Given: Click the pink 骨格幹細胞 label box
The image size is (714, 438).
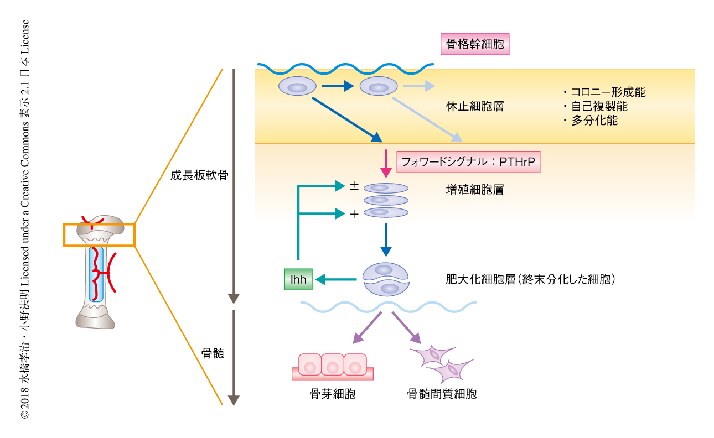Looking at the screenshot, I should point(474,44).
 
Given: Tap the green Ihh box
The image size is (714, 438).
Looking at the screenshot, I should point(298,280).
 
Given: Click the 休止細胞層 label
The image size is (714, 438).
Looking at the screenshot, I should point(474,106).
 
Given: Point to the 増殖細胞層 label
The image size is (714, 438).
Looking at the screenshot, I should point(474,190).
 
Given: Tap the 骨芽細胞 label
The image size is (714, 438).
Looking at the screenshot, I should point(332,394).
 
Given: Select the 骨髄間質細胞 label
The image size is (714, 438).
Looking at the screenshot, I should point(442,394).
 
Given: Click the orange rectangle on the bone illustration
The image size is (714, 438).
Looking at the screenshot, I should point(99,234).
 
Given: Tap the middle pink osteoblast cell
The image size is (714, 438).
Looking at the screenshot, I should point(332,366).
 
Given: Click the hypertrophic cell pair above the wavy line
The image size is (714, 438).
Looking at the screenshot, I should point(386,279).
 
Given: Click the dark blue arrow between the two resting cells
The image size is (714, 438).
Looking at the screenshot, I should point(337,86).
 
